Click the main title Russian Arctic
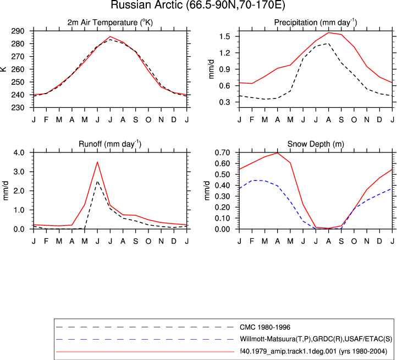pos(198,5)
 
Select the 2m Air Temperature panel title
pos(110,23)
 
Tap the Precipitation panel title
pos(316,23)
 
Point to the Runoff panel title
pos(110,144)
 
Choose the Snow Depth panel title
pos(316,144)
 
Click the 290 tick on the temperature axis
pos(18,31)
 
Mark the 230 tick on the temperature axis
pos(18,107)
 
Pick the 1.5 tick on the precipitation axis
pos(224,36)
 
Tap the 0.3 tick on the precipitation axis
pos(224,102)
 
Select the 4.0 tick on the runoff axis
pos(19,152)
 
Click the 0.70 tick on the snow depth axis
pos(222,152)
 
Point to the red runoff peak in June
pos(97,162)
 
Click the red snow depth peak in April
pos(278,152)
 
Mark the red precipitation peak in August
pos(328,32)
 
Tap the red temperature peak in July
pos(110,36)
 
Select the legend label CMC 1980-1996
pos(265,328)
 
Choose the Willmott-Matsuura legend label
pos(316,339)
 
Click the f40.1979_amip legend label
pos(313,351)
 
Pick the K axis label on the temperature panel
pos(3,69)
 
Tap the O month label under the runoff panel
pos(148,241)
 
